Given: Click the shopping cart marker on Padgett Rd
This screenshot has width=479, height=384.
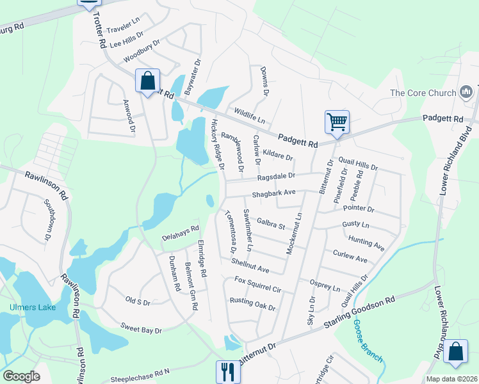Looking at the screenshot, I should tap(337, 121).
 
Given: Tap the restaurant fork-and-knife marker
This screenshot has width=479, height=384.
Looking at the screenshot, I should tap(226, 371).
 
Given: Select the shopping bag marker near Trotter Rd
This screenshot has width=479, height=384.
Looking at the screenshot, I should tap(148, 81).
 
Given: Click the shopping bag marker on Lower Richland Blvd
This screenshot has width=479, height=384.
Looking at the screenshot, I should tap(455, 352).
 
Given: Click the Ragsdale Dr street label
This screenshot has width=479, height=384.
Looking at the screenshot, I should tap(276, 175).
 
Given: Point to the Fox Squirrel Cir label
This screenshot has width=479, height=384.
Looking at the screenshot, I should tap(258, 285).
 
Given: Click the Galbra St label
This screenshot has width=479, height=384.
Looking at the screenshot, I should tap(270, 225).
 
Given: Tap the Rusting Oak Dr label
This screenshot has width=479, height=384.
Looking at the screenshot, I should tap(252, 305).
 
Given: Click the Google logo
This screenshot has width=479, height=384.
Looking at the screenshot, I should tap(22, 376).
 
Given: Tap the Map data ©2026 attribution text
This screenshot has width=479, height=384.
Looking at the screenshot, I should tap(451, 379).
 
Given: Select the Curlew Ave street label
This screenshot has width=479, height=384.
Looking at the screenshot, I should tap(350, 256).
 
